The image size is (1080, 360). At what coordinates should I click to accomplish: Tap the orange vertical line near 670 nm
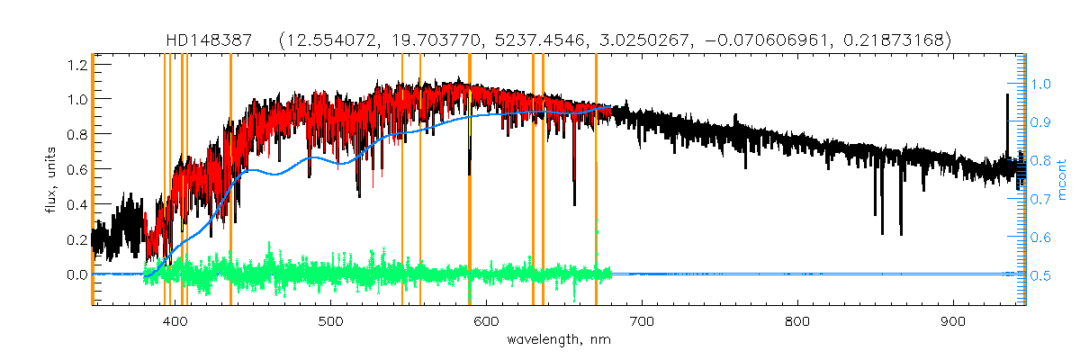596,180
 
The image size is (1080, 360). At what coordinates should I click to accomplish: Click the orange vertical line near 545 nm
402,180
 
